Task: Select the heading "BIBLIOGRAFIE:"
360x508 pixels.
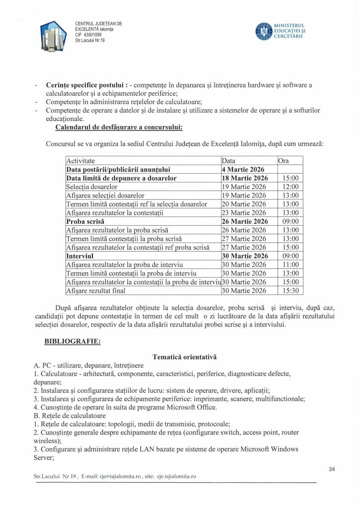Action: pyautogui.click(x=72, y=342)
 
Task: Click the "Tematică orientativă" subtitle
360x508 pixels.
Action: pyautogui.click(x=184, y=357)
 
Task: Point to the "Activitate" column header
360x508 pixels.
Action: pyautogui.click(x=80, y=161)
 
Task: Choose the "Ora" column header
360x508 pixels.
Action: pyautogui.click(x=284, y=161)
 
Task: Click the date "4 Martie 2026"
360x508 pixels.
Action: pyautogui.click(x=243, y=169)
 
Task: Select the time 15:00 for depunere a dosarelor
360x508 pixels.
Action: pyautogui.click(x=290, y=178)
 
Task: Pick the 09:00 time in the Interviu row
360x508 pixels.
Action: pyautogui.click(x=290, y=256)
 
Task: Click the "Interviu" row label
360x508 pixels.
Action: pyautogui.click(x=80, y=256)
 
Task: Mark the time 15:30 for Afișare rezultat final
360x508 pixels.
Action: pyautogui.click(x=290, y=291)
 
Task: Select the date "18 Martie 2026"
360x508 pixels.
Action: pyautogui.click(x=245, y=178)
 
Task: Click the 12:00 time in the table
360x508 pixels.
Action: pyautogui.click(x=290, y=187)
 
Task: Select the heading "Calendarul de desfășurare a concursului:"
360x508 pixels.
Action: pyautogui.click(x=119, y=127)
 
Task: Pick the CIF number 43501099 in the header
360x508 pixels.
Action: pyautogui.click(x=88, y=35)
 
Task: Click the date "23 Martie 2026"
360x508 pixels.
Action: pyautogui.click(x=244, y=213)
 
